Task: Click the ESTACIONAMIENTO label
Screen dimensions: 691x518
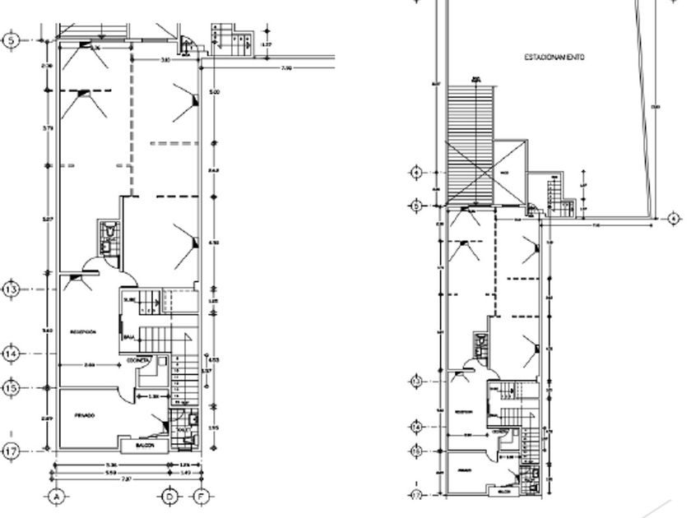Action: pyautogui.click(x=555, y=58)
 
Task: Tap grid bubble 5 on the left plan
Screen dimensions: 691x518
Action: pyautogui.click(x=11, y=39)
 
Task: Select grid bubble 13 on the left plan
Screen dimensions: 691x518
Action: pyautogui.click(x=11, y=290)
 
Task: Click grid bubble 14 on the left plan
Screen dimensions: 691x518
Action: pyautogui.click(x=11, y=354)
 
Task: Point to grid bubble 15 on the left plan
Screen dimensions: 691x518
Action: pyautogui.click(x=11, y=387)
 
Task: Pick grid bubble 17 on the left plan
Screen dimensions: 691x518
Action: pyautogui.click(x=11, y=451)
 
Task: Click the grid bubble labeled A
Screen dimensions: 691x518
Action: pyautogui.click(x=57, y=497)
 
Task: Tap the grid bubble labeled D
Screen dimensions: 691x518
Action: pyautogui.click(x=169, y=497)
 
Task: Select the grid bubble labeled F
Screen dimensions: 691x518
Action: pyautogui.click(x=201, y=497)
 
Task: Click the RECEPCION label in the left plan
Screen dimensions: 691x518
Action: pyautogui.click(x=83, y=332)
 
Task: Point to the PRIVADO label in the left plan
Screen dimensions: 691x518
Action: pyautogui.click(x=85, y=416)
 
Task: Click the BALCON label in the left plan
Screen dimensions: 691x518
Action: pyautogui.click(x=146, y=446)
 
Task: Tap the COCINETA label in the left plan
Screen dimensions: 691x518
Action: pyautogui.click(x=138, y=362)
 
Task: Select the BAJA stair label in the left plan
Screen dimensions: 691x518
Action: pyautogui.click(x=129, y=337)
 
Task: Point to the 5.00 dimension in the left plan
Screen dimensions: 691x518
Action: pyautogui.click(x=215, y=92)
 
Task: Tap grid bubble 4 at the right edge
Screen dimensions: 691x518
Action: pyautogui.click(x=673, y=219)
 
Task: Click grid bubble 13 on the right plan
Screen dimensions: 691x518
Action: pyautogui.click(x=416, y=382)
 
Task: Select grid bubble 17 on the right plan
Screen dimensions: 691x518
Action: pyautogui.click(x=416, y=495)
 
